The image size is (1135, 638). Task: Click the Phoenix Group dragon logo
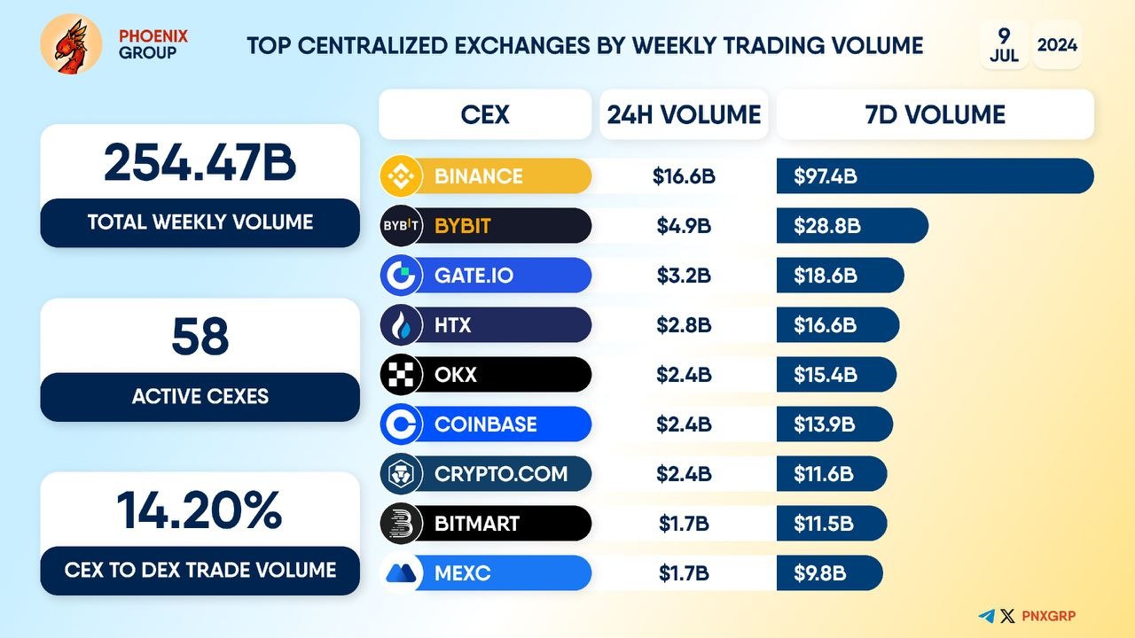(71, 43)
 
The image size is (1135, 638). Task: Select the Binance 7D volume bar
(935, 175)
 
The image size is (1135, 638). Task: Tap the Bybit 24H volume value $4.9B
(684, 226)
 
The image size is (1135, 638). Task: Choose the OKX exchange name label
(456, 375)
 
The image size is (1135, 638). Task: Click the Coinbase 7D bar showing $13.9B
(834, 424)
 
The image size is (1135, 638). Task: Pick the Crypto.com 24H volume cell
(684, 474)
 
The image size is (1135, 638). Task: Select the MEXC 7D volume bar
(829, 573)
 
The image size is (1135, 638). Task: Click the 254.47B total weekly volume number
(200, 163)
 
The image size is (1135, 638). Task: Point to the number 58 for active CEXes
(200, 338)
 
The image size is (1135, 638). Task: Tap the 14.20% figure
(200, 510)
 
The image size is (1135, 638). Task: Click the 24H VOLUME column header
(684, 114)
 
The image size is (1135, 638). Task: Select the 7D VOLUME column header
(935, 114)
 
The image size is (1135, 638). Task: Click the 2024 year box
(1057, 44)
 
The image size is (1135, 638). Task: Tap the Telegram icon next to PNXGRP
(986, 616)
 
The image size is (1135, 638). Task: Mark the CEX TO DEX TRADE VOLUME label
(200, 570)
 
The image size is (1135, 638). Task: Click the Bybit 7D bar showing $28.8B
(851, 226)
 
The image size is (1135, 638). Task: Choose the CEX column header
(485, 114)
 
